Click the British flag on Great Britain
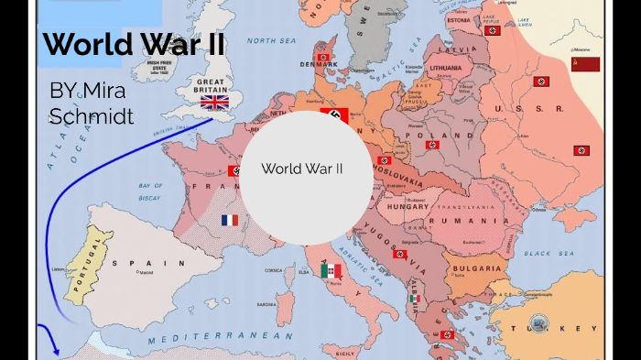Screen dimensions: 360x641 (x=214, y=102)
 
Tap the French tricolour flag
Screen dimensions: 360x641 (x=229, y=220)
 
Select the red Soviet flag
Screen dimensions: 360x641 (x=585, y=64)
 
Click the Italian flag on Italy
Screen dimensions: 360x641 (x=331, y=270)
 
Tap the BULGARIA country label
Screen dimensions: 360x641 (x=477, y=268)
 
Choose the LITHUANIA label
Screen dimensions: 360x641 (x=444, y=68)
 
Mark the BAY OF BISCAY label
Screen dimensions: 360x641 (x=150, y=191)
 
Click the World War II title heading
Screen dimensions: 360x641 (x=134, y=44)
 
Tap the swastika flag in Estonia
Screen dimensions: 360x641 (x=492, y=30)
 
